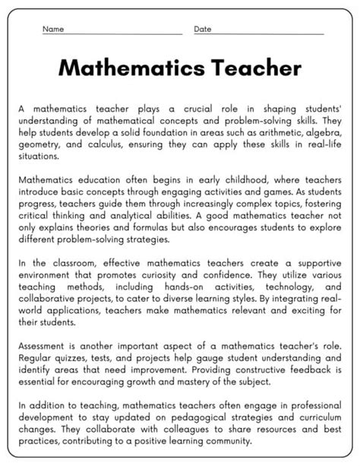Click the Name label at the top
click(52, 30)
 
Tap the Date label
click(202, 30)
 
